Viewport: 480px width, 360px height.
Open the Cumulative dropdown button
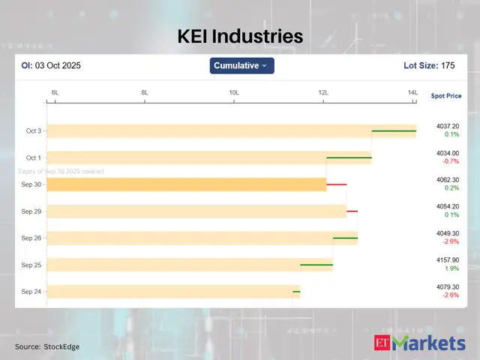point(241,66)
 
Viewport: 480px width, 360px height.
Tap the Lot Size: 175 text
point(429,66)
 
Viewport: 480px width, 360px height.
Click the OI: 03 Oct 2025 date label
point(50,66)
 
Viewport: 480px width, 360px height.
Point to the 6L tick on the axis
point(55,92)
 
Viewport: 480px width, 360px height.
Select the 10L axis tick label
point(234,92)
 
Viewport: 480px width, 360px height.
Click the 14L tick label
point(412,92)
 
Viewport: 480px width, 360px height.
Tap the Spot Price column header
point(446,96)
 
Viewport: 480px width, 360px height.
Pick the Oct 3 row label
point(34,130)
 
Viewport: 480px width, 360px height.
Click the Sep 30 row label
point(31,184)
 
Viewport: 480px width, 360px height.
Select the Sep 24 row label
point(31,292)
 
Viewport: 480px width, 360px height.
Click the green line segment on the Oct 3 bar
point(394,130)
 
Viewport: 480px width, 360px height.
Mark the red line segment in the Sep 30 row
point(336,184)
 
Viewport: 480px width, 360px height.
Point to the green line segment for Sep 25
point(316,265)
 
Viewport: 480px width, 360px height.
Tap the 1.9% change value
point(451,268)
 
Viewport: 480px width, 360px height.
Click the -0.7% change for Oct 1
point(451,161)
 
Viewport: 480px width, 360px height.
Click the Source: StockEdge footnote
point(47,346)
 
